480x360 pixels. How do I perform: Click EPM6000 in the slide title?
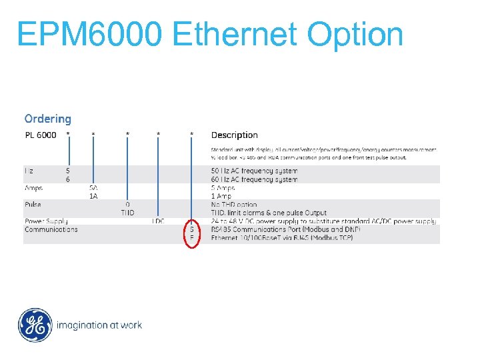89,35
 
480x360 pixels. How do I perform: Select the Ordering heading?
47,119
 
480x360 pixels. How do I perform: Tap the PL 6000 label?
41,135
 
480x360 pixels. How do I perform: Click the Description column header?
234,135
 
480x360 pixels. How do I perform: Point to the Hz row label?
29,171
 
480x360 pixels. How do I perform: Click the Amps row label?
33,188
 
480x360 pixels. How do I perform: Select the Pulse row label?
33,204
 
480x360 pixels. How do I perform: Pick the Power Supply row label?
46,221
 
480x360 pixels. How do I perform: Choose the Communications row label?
51,229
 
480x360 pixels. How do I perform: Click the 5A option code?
94,188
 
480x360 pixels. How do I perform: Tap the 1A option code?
94,196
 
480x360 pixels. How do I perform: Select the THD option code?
127,212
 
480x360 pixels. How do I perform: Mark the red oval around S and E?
192,233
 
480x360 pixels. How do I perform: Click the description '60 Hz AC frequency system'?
254,179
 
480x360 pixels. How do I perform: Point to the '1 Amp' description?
221,196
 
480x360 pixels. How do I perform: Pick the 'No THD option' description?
234,204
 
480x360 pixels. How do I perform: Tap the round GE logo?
34,325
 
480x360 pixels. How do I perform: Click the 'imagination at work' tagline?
99,325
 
